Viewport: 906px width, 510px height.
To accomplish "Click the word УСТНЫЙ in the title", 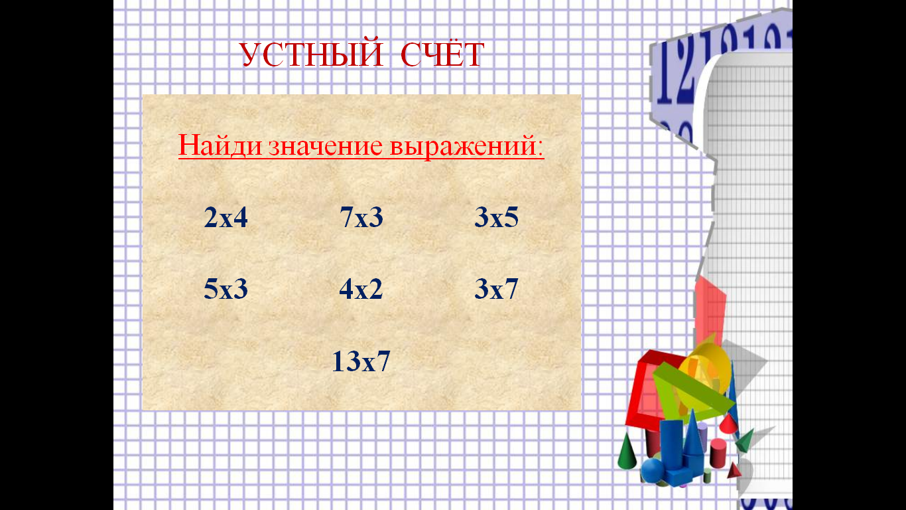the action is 311,54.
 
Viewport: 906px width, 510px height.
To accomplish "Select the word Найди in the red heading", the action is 220,145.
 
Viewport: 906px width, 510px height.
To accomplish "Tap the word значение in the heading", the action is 326,145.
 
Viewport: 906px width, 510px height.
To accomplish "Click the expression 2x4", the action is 226,218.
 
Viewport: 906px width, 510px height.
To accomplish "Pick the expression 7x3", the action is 361,217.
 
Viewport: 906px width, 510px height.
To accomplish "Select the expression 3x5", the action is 496,217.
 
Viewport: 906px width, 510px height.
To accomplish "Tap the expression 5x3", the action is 226,289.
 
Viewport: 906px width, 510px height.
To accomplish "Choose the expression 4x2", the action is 361,289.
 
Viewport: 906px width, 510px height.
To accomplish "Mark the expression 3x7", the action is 496,289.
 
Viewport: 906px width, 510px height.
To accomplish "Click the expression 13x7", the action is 361,361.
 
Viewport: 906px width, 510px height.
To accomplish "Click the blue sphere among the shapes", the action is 651,470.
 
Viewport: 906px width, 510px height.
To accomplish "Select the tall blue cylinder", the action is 671,442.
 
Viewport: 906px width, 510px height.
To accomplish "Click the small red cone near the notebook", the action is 728,423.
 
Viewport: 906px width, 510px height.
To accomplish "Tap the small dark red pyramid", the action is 734,470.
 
